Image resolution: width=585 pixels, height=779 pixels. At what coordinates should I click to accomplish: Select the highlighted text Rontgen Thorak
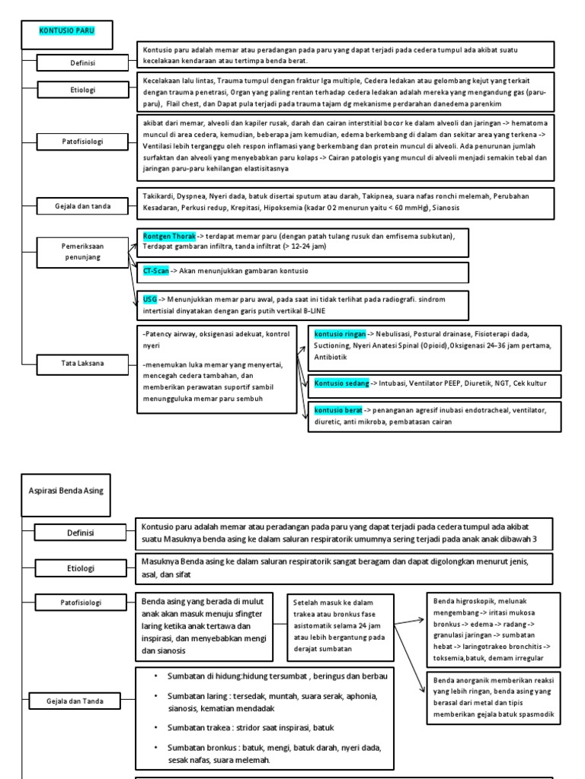[x=169, y=237]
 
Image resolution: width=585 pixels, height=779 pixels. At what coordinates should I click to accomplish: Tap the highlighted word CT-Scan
[x=156, y=271]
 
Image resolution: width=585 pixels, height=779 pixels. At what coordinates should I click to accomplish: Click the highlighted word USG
[x=149, y=299]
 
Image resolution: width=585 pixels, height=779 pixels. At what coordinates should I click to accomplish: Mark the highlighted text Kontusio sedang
[x=341, y=383]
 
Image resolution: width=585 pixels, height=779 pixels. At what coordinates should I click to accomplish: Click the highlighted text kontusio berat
[x=337, y=410]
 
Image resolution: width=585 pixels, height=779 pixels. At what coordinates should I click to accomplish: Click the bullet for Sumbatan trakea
[x=155, y=727]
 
